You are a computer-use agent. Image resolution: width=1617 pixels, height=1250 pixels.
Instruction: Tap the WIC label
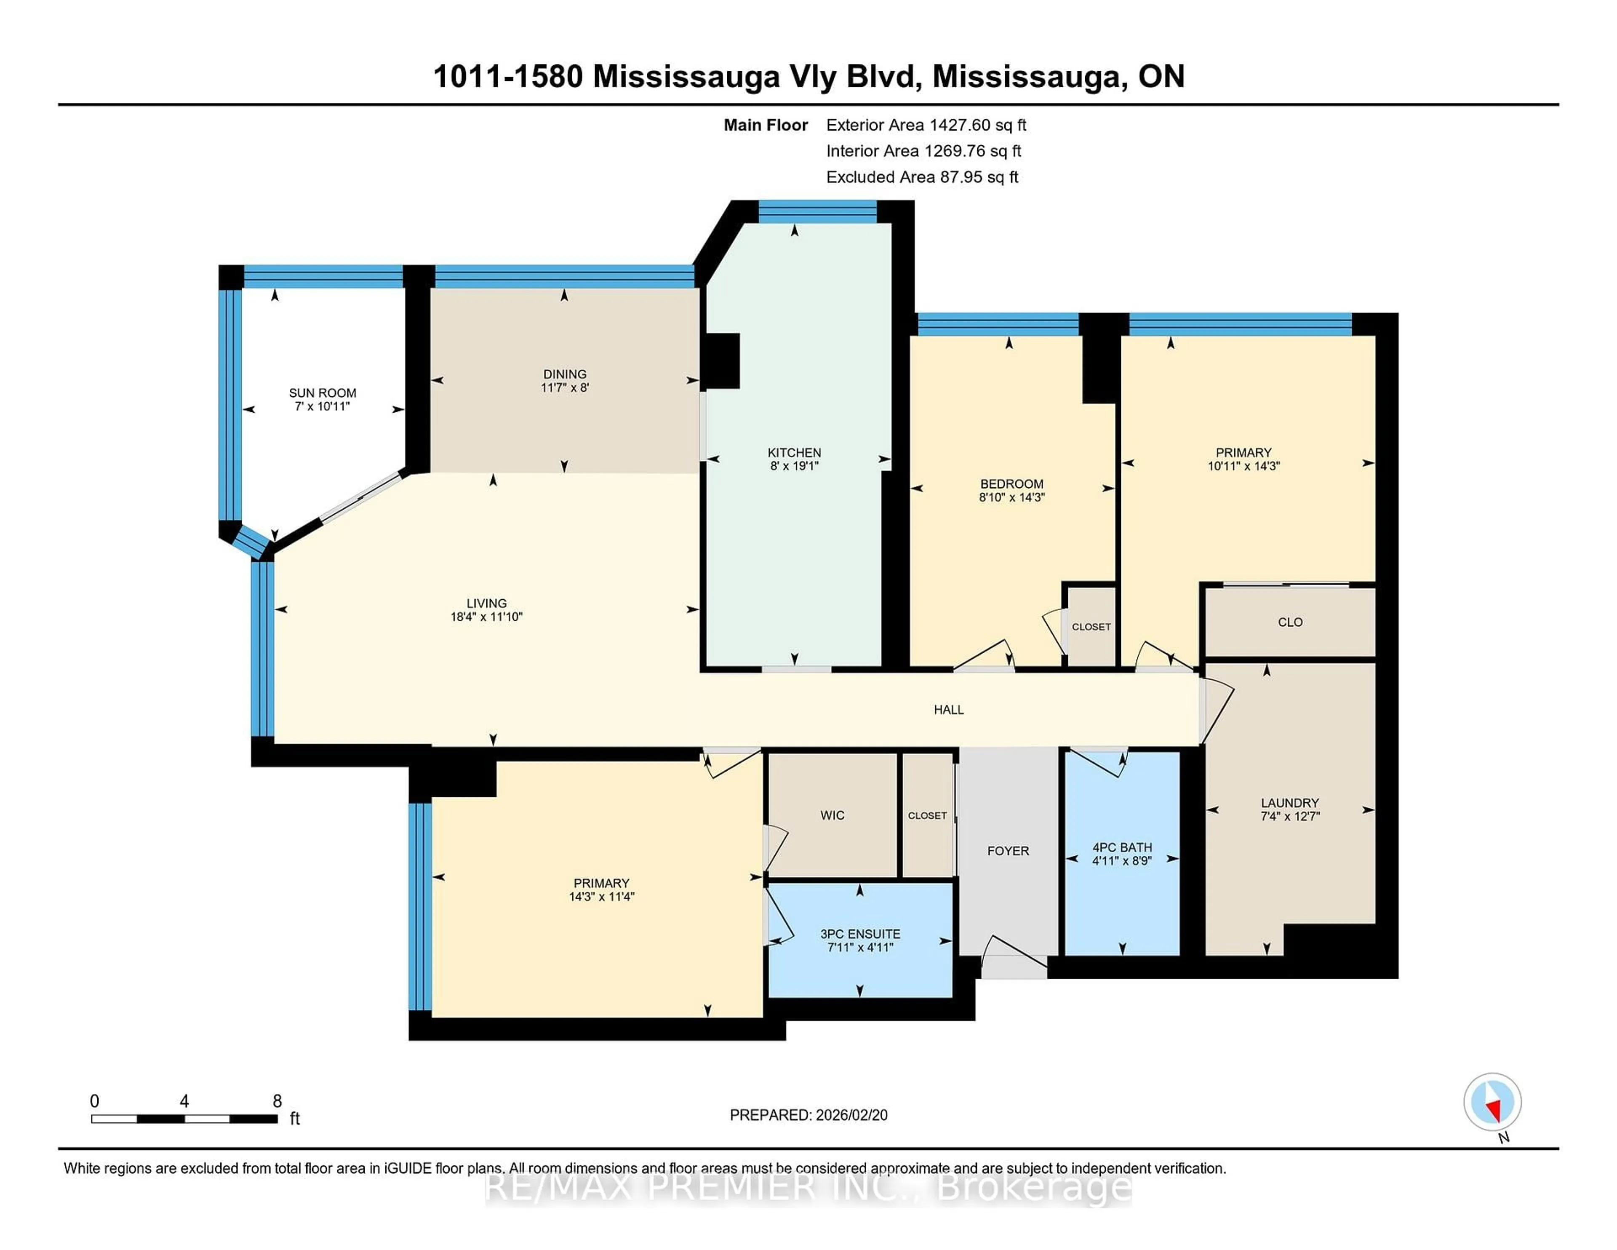pos(832,815)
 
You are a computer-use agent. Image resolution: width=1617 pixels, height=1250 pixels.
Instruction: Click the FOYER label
pos(1008,851)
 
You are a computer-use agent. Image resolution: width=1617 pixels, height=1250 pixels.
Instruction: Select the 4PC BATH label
pos(1122,847)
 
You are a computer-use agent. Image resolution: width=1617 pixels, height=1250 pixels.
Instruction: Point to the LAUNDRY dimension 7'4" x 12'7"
pos(1290,816)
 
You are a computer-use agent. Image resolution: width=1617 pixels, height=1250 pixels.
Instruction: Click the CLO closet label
pos(1290,622)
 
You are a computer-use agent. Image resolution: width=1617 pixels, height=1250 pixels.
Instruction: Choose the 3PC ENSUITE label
pos(859,934)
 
